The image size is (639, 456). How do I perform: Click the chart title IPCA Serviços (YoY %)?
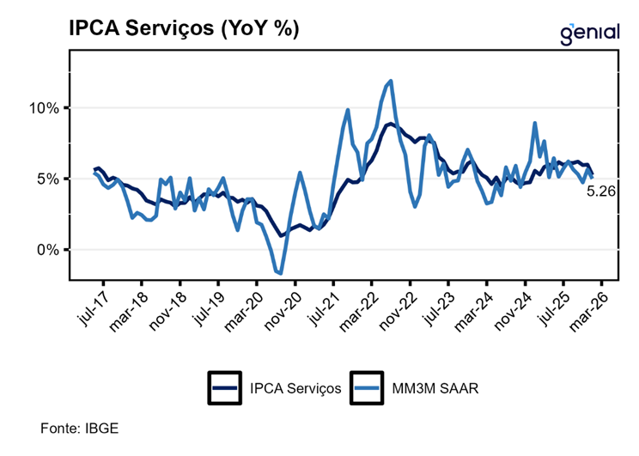184,28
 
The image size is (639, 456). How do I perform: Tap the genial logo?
589,32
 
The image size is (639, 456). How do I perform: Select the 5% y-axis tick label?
48,179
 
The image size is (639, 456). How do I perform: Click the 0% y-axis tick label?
48,250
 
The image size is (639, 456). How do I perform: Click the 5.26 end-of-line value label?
600,192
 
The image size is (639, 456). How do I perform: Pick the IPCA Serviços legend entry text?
295,388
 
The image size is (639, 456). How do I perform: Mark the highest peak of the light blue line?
391,81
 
